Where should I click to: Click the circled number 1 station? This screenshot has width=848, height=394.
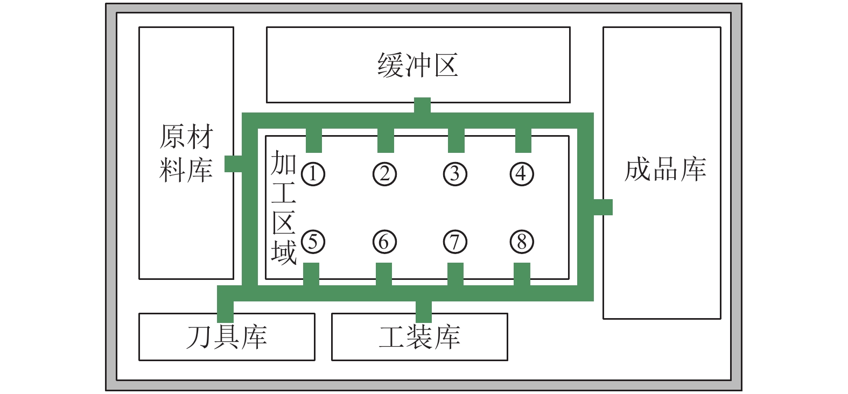313,174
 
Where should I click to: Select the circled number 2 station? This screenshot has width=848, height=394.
384,174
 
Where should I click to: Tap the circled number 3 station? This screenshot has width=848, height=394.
455,174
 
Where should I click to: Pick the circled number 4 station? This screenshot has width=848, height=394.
522,174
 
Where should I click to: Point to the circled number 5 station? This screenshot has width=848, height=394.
313,242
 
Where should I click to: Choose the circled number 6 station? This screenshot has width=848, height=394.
384,242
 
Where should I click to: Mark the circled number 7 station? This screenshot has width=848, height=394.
455,242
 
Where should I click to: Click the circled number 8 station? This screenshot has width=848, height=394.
522,242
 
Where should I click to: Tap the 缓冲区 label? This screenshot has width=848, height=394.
418,65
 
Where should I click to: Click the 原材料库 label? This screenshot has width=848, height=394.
186,153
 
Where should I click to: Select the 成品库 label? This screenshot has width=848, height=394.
665,169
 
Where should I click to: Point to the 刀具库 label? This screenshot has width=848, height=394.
227,337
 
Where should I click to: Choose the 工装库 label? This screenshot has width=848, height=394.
419,337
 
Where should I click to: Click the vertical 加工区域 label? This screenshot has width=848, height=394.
284,207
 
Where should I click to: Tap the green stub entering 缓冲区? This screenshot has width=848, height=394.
422,105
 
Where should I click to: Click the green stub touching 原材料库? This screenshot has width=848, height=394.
233,164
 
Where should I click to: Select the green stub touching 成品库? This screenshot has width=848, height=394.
603,207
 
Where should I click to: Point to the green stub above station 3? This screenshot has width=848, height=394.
456,140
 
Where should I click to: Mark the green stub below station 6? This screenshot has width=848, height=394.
384,275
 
